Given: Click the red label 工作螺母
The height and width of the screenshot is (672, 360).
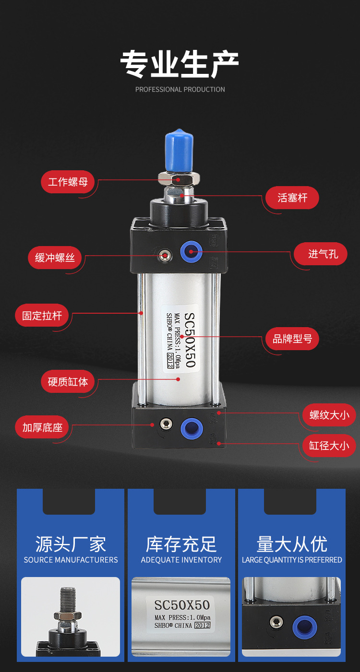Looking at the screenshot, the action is [x=68, y=182].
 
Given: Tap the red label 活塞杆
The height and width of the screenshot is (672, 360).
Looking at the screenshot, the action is [x=292, y=198].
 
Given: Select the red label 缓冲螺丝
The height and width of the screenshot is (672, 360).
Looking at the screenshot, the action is [x=55, y=258].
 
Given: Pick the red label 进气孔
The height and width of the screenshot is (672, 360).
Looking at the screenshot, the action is [x=320, y=254].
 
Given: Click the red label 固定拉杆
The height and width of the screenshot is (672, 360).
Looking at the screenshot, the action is [x=42, y=315].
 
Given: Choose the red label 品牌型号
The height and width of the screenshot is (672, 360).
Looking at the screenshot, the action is [x=292, y=339].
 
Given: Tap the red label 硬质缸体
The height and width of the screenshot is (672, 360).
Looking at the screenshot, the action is [x=68, y=382].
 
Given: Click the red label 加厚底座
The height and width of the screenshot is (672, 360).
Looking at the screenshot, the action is [x=42, y=427].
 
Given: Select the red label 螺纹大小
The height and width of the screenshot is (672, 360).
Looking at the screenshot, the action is [x=329, y=415].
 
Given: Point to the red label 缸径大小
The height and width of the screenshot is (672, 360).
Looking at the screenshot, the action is [x=329, y=446].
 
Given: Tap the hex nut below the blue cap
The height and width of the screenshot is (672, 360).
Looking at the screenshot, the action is [x=179, y=179].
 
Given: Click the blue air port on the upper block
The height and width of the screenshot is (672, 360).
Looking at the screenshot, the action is [x=191, y=252].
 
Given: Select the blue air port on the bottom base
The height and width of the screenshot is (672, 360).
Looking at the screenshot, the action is [x=192, y=428].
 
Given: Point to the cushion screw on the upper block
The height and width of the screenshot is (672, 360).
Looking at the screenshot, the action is [x=165, y=256].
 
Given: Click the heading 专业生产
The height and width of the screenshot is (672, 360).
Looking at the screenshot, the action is [x=180, y=64].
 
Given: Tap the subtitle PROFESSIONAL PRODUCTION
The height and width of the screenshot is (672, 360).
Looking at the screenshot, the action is [x=180, y=89].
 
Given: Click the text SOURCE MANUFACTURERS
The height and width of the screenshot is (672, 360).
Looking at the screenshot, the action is [x=71, y=560].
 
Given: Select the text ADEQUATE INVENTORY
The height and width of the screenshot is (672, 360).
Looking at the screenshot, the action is [x=181, y=560].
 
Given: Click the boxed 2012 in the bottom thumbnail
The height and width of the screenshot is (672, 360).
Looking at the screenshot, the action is [x=203, y=625].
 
